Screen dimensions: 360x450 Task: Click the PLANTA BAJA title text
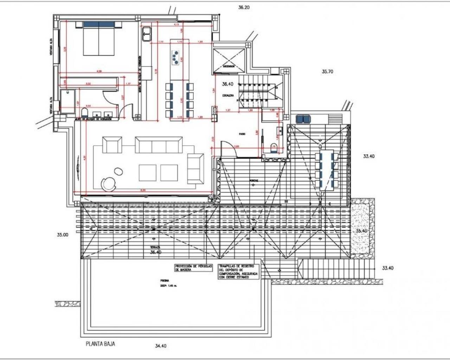(x=100, y=344)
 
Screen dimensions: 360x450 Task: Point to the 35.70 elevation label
(x=327, y=71)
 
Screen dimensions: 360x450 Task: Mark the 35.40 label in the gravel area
(x=362, y=231)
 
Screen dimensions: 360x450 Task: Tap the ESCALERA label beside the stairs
(x=227, y=95)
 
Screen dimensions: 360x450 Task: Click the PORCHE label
(x=253, y=181)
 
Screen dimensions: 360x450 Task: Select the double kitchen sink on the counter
(x=146, y=34)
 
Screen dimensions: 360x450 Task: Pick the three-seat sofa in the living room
(x=159, y=145)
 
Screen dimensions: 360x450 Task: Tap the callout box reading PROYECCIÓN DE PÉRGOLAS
(x=194, y=268)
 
